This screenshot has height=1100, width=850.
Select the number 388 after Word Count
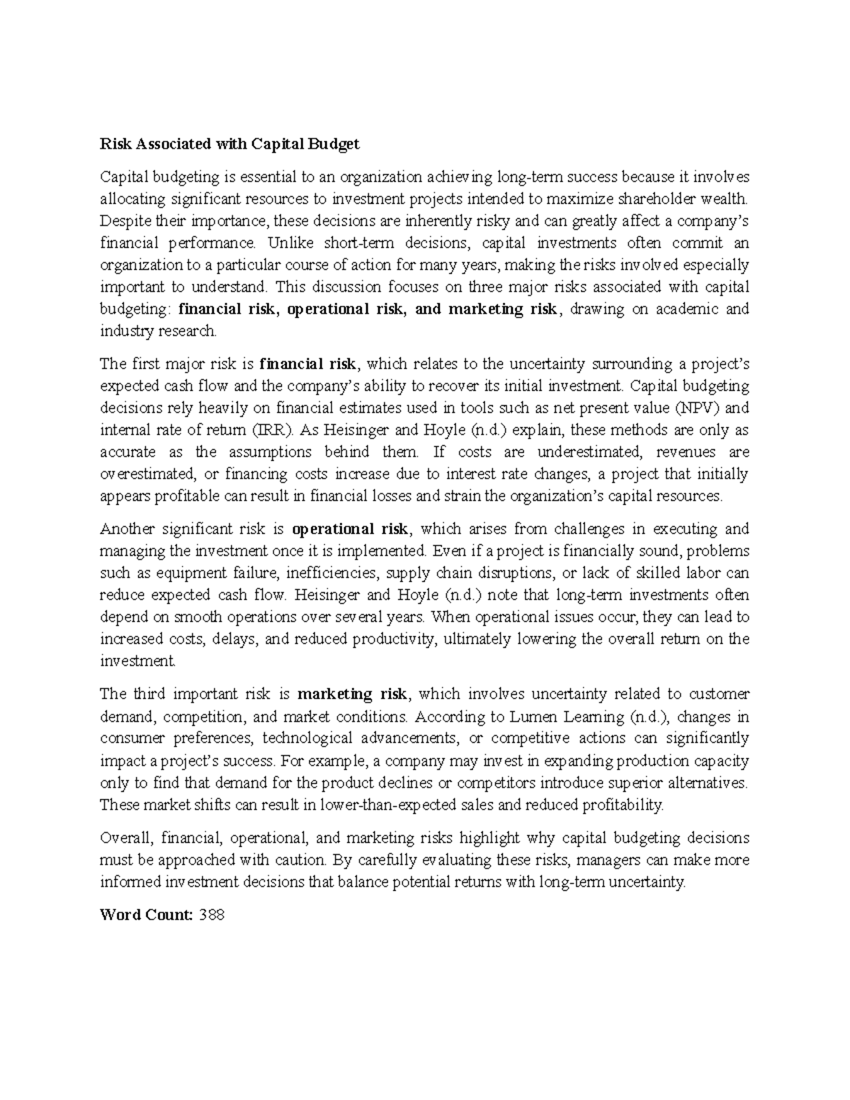[x=212, y=914]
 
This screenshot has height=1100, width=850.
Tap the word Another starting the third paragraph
[x=127, y=529]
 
